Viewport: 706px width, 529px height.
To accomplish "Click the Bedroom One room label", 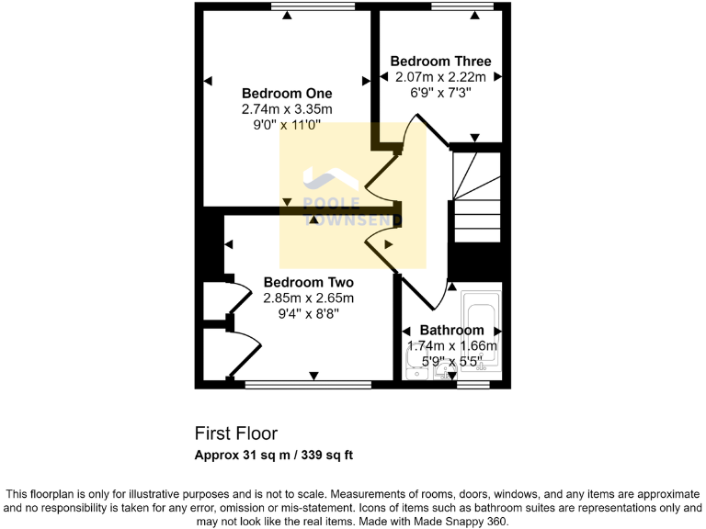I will pyautogui.click(x=287, y=93).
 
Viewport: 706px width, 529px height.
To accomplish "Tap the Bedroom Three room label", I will pyautogui.click(x=441, y=62).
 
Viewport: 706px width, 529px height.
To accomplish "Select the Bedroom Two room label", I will pyautogui.click(x=308, y=282).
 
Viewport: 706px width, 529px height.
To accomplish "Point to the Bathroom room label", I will pyautogui.click(x=451, y=330).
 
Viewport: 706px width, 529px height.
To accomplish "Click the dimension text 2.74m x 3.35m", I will pyautogui.click(x=287, y=109).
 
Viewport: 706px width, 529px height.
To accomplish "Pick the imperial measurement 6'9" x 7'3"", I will pyautogui.click(x=441, y=94).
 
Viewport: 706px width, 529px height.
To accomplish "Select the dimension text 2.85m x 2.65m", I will pyautogui.click(x=308, y=298).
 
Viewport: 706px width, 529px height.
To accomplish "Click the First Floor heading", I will pyautogui.click(x=235, y=433).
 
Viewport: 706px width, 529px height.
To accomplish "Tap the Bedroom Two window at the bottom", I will pyautogui.click(x=308, y=385).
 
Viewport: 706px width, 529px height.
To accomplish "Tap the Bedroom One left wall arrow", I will pyautogui.click(x=208, y=80).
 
